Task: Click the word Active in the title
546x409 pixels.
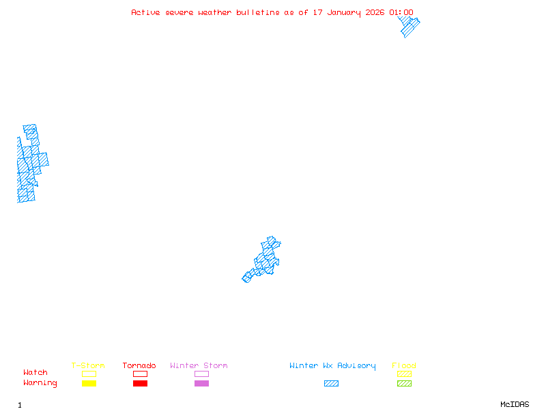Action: click(x=146, y=12)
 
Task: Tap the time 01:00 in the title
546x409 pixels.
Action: click(x=401, y=12)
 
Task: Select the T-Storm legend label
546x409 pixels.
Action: click(x=88, y=365)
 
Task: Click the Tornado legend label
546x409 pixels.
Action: click(x=139, y=365)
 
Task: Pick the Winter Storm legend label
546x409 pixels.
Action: click(x=199, y=365)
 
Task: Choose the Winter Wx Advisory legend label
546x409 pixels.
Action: click(x=332, y=365)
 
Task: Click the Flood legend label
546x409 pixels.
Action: click(x=404, y=365)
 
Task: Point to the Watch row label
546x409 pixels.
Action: click(x=35, y=373)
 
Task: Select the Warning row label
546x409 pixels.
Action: click(x=40, y=383)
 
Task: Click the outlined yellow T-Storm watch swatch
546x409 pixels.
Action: click(x=89, y=374)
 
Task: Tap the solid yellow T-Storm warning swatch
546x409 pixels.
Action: click(x=89, y=384)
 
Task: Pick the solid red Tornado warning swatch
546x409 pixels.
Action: click(x=140, y=384)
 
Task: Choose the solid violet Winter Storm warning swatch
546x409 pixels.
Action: click(x=201, y=384)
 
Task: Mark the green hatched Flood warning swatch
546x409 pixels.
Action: click(x=404, y=384)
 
